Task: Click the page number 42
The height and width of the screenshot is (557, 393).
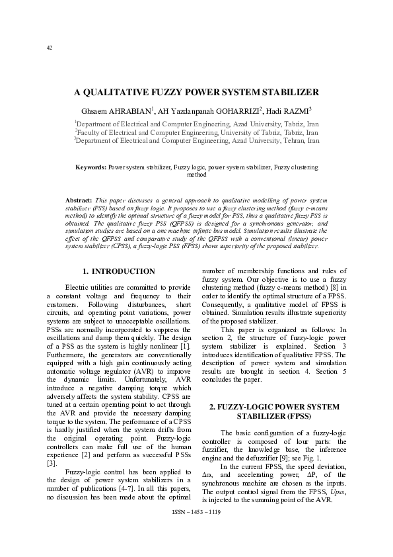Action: tap(49, 47)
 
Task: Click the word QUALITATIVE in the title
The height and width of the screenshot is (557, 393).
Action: tap(133, 93)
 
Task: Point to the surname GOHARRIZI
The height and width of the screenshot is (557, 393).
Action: tap(234, 110)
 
